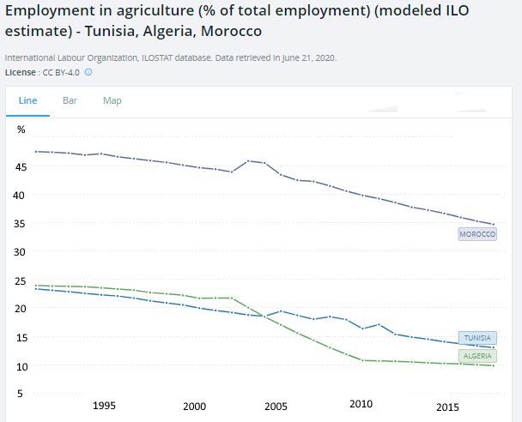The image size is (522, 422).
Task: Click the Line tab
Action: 27,100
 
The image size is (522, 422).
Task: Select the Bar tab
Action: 70,100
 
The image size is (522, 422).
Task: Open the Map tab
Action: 112,100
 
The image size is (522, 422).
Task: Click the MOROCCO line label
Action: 477,234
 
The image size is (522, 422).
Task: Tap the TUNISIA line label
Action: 476,338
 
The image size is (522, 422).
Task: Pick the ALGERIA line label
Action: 476,355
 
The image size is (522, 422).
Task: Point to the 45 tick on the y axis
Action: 22,166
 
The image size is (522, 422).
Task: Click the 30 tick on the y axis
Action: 22,252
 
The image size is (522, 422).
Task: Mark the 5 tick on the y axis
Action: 22,395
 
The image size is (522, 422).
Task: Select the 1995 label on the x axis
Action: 105,406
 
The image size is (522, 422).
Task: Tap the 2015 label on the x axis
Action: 447,406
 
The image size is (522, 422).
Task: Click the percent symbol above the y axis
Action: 21,130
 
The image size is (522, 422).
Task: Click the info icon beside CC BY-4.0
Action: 88,72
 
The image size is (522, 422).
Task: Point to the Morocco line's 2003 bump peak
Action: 248,160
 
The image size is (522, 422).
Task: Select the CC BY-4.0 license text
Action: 61,72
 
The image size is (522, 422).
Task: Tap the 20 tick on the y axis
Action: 22,310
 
